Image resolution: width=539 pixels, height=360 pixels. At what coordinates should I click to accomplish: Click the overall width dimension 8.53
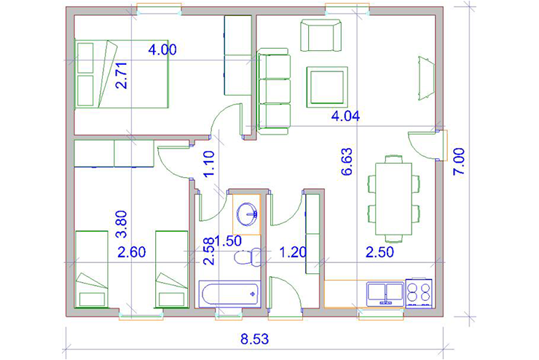pos(254,339)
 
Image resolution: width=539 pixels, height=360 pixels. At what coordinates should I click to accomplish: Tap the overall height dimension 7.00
pos(459,162)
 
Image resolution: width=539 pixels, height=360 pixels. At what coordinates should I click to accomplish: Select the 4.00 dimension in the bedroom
pos(162,50)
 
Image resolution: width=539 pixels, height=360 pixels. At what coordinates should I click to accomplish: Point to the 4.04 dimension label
pos(345,116)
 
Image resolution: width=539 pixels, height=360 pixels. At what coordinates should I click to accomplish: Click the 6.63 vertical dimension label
pos(347,162)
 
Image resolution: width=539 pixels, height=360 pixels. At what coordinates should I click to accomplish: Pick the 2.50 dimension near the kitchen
pos(379,252)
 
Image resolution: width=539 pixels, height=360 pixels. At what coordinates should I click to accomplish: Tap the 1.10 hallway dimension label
pos(209,164)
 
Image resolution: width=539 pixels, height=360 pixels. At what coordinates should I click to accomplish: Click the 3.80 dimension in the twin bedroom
pos(122,224)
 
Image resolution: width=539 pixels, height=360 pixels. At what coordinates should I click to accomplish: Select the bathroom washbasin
pos(246,214)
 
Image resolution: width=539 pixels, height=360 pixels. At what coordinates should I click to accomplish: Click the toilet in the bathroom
pos(248,257)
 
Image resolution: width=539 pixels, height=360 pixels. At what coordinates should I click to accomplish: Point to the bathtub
pos(229,293)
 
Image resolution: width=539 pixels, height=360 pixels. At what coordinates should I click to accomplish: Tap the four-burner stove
pos(419,293)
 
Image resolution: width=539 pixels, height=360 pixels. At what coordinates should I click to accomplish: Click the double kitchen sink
pos(385,294)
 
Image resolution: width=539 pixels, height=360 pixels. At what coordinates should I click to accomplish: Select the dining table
pos(393,199)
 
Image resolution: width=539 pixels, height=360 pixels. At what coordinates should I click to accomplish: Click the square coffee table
pos(327,87)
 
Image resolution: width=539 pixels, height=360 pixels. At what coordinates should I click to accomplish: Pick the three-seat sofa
pos(274,92)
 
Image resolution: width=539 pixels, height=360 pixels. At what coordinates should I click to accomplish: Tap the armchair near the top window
pos(321,36)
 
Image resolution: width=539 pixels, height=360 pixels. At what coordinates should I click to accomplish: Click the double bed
pos(122,74)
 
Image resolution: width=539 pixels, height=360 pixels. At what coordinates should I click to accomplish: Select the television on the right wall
pos(426,79)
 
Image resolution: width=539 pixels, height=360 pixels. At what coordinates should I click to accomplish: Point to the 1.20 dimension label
pos(293,252)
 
